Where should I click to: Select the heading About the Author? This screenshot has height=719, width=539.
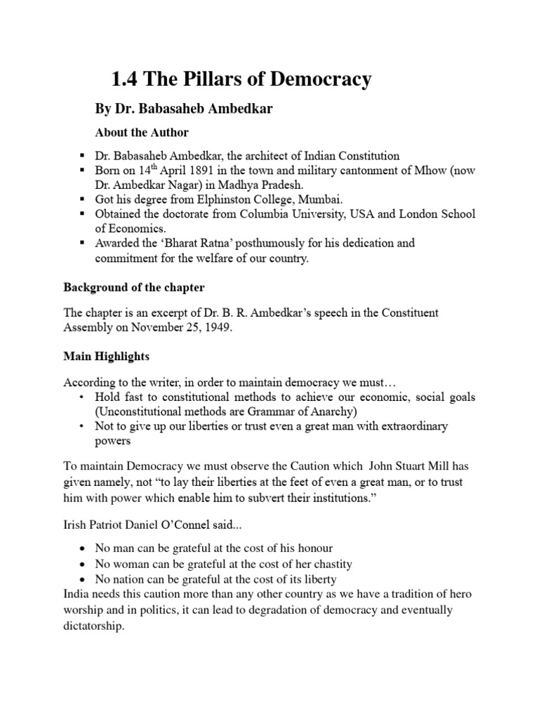tap(142, 132)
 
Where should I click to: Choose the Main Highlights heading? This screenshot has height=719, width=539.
tap(107, 357)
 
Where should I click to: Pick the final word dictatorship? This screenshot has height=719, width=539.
tap(93, 626)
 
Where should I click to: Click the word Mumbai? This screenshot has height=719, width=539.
tap(301, 199)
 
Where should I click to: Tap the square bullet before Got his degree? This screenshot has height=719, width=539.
tap(83, 199)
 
